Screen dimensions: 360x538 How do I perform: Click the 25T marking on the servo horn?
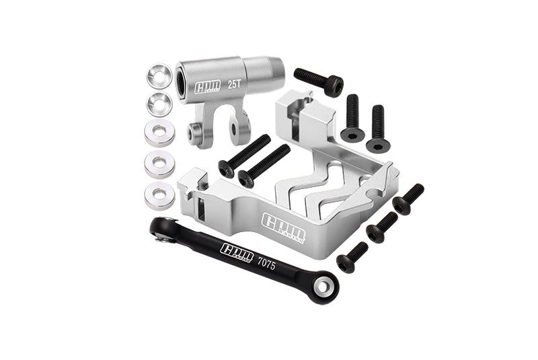pos(235,85)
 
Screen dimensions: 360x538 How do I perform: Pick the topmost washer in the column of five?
pos(159,72)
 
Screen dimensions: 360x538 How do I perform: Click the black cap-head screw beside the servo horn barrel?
pos(319,81)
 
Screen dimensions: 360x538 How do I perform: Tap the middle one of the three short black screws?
pos(381,227)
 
